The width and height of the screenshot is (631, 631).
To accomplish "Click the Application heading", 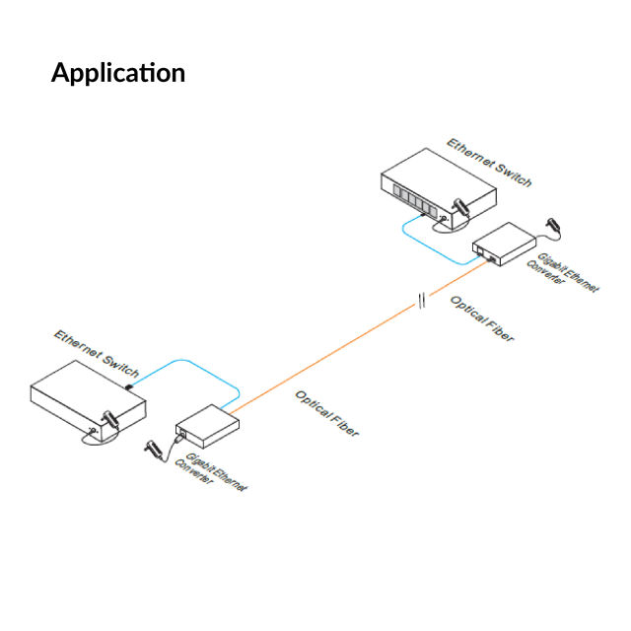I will [117, 73].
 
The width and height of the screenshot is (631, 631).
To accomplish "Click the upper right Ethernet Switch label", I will [489, 163].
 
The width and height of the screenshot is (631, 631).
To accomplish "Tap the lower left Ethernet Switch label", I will [97, 351].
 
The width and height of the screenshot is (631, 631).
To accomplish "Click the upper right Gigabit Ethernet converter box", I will [505, 242].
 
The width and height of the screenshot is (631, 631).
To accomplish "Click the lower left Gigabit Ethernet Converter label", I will [209, 473].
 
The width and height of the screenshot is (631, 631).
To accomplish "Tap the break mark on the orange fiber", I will [421, 301].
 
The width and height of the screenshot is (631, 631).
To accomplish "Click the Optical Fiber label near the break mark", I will [482, 318].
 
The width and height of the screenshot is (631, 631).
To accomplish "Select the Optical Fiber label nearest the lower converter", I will [326, 413].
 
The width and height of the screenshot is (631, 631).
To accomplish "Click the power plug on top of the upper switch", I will [457, 203].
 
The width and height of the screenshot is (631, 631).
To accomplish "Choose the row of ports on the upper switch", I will [409, 196].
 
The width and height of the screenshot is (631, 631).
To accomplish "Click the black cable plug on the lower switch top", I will [129, 378].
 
